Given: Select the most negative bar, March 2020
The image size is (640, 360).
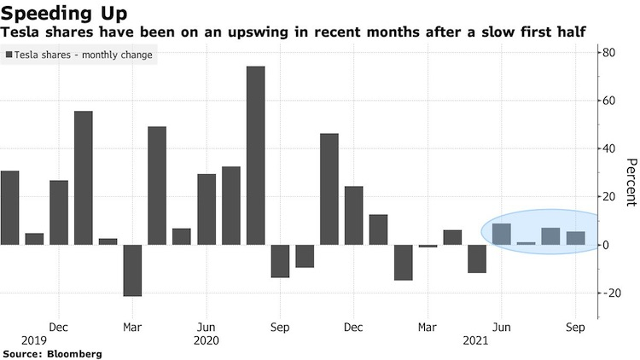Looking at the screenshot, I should (132, 270).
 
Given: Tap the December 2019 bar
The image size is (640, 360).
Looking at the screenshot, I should (59, 212).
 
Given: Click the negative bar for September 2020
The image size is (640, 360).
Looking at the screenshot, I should (280, 260).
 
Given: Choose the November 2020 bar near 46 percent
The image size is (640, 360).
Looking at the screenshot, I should (329, 189).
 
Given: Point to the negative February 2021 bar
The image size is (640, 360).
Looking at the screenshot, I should (404, 262).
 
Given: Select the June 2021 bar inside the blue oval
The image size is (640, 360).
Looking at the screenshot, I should (502, 234).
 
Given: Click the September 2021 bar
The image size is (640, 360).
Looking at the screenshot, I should (576, 238).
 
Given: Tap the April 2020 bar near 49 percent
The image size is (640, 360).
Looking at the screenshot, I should (157, 185).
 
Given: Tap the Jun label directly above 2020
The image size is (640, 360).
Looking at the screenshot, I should (207, 327).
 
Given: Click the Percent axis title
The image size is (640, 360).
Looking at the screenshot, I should (631, 182).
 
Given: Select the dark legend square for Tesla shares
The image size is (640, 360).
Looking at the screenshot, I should (9, 55).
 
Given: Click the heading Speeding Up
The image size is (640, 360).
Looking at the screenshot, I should (65, 14).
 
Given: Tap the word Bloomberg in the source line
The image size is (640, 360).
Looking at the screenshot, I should (76, 352).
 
